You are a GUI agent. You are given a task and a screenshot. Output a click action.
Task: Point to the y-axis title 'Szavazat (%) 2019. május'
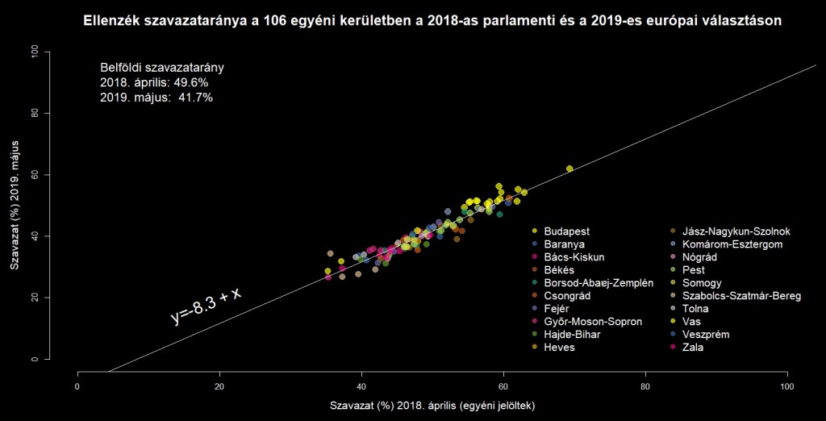[14, 205]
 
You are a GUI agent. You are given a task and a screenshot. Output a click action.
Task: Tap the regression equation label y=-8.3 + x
[206, 306]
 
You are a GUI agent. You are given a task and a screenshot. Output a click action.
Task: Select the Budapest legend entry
[566, 231]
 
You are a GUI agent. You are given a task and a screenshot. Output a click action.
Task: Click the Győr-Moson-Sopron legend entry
[593, 321]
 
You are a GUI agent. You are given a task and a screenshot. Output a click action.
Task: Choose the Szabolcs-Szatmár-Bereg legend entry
[740, 296]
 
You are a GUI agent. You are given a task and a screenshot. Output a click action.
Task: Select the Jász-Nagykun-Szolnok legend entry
[736, 231]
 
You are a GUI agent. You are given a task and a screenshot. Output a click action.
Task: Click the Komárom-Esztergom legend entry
[732, 244]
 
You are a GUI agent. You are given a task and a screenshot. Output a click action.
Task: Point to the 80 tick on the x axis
[645, 386]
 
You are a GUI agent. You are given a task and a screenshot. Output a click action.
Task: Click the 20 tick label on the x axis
[219, 386]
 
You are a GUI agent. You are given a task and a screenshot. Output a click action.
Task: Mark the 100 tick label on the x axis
[787, 386]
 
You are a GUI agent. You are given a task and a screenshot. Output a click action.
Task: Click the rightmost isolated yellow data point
[569, 169]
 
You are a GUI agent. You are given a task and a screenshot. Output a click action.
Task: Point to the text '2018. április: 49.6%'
[154, 82]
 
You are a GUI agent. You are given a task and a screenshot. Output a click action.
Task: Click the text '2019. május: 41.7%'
[156, 97]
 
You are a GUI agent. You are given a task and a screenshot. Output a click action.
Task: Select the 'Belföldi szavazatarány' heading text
[162, 67]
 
